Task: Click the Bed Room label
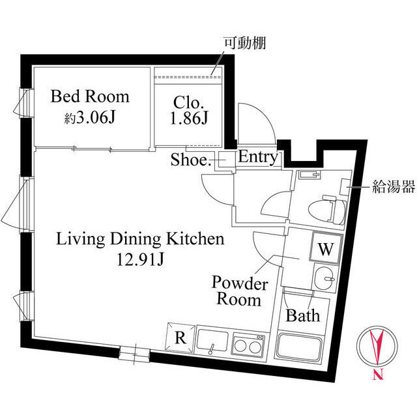tap(90, 97)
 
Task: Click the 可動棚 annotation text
tap(246, 44)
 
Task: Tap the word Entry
tap(258, 157)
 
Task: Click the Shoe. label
tap(190, 160)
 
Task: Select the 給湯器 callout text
tap(394, 188)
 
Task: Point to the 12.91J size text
tap(141, 261)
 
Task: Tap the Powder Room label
tap(240, 292)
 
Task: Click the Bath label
tap(304, 316)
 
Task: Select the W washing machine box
tap(326, 248)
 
